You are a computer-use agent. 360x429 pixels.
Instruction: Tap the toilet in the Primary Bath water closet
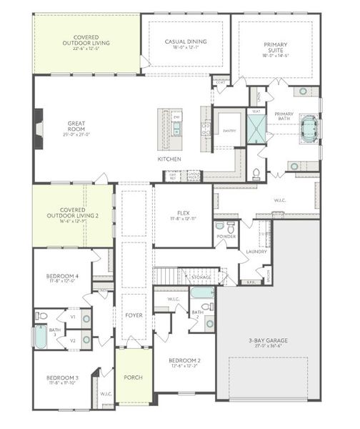tap(256, 173)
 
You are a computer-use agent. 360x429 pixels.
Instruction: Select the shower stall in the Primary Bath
tap(256, 129)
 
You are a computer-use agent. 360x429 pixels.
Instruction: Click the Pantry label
tap(229, 131)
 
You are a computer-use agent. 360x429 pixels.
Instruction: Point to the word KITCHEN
tap(169, 159)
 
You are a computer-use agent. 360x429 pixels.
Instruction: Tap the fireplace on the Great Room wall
tap(39, 129)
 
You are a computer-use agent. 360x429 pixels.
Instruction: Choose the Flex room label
tap(183, 212)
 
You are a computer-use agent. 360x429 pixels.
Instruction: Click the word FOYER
tap(134, 315)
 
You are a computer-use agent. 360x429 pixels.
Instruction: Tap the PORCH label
tap(133, 377)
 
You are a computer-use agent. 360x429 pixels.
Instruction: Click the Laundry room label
tap(256, 252)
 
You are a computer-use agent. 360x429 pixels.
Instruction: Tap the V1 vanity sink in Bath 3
tap(86, 318)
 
